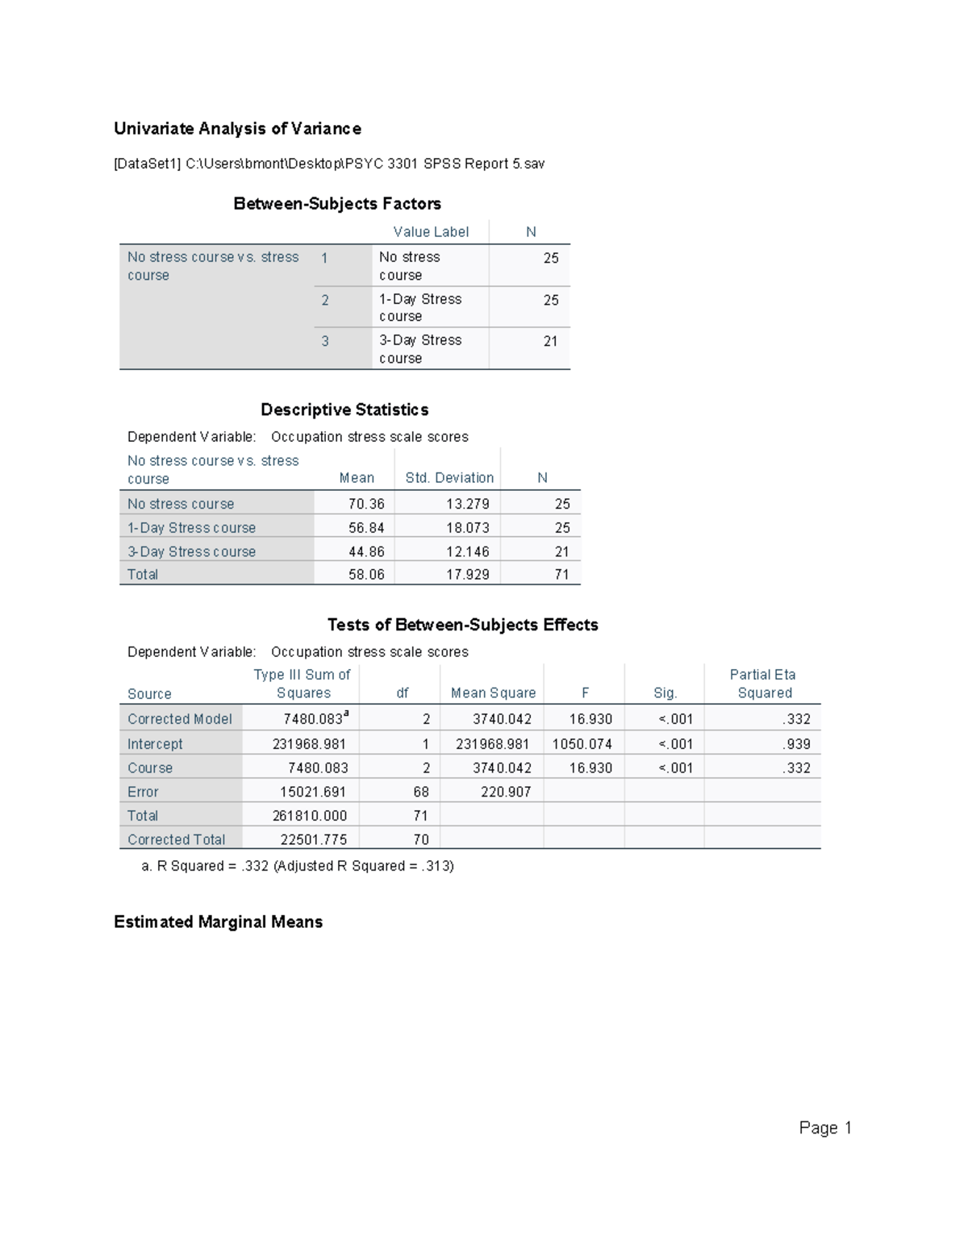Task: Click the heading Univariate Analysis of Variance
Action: [237, 129]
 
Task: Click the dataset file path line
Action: [329, 164]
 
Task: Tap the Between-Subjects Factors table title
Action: [337, 204]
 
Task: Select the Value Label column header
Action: [431, 232]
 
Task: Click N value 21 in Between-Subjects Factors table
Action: [550, 342]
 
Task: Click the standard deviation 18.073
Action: [468, 528]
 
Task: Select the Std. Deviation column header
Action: [449, 478]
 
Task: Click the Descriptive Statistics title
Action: [344, 410]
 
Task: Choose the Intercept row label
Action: [155, 744]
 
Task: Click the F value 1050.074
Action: [582, 744]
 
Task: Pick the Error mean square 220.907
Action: [506, 792]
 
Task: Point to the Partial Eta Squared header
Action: [763, 684]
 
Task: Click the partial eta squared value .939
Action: [796, 744]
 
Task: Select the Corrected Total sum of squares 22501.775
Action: [314, 840]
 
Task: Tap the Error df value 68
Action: [421, 792]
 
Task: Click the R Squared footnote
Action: [298, 867]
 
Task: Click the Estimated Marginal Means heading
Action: [218, 922]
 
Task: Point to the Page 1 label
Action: [825, 1128]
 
